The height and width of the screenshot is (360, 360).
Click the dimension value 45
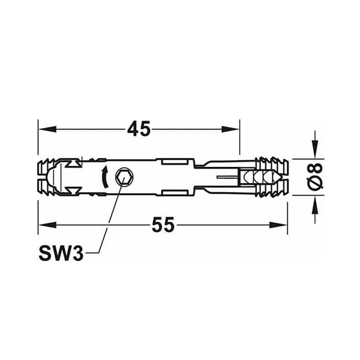[139, 129]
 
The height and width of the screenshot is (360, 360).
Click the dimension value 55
[163, 224]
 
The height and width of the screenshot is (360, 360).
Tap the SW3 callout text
[61, 253]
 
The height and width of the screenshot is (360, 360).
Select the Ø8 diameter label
[315, 177]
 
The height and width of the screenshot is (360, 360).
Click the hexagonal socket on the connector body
[124, 177]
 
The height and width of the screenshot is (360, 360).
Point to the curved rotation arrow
[105, 177]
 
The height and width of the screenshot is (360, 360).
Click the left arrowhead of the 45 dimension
[47, 129]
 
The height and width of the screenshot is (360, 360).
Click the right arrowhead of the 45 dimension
[230, 129]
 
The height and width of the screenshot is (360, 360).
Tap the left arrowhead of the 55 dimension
[47, 224]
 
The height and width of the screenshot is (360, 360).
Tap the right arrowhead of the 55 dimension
[278, 224]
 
